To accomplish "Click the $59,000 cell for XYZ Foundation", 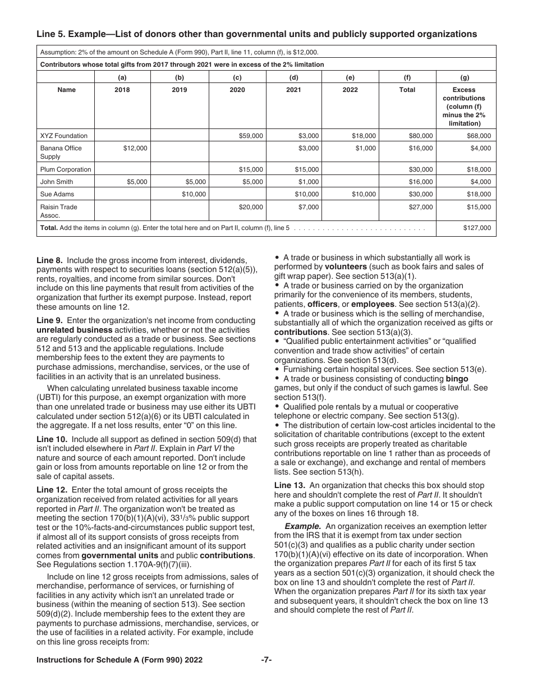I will (x=251, y=136).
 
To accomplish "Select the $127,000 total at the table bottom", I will (x=477, y=228).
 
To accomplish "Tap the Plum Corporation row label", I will (x=65, y=169).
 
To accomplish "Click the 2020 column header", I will (x=237, y=90).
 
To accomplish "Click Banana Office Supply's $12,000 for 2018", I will (x=135, y=148).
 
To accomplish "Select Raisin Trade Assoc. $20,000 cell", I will (x=251, y=207).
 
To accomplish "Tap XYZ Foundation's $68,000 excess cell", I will (x=479, y=136).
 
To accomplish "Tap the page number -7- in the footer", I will (x=266, y=660).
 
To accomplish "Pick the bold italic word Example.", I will (x=302, y=526).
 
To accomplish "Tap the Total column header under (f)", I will (x=407, y=90).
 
